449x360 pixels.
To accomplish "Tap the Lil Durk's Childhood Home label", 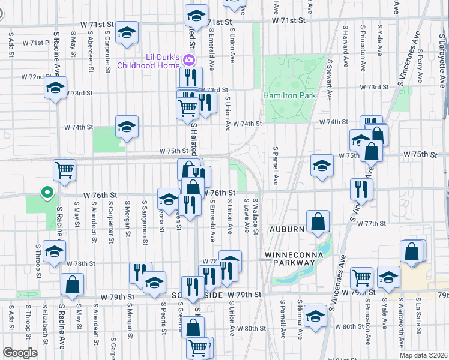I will coord(148,61).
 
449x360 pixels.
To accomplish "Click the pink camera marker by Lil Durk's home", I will coord(190,59).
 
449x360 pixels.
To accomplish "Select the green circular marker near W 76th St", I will coord(46,193).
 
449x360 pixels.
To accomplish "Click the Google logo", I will coord(20,352).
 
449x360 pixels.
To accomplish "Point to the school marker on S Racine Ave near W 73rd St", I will coord(55,89).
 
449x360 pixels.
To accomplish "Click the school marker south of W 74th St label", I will coord(127,127).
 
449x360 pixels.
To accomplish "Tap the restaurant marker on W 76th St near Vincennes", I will coord(362,188).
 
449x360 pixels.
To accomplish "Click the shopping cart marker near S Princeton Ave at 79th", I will coord(361,278).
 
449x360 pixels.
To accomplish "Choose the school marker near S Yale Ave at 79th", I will coord(388,277).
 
